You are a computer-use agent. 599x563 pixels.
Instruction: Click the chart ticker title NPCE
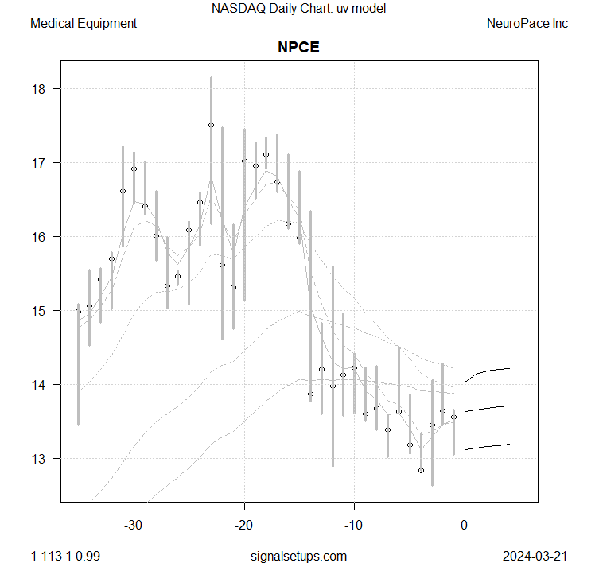point(298,47)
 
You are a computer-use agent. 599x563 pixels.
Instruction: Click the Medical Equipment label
point(84,24)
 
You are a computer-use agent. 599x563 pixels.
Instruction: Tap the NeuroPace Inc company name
point(527,24)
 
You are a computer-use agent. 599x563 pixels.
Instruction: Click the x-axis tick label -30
point(134,525)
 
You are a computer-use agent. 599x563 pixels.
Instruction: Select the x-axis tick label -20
point(244,525)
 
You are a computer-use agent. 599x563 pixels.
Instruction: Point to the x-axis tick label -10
point(354,525)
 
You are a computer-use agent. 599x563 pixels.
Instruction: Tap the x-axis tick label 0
point(465,525)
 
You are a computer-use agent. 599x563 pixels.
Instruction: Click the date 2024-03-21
point(535,553)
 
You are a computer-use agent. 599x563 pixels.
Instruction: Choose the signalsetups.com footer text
point(298,553)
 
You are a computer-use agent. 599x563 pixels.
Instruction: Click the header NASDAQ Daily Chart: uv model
point(298,10)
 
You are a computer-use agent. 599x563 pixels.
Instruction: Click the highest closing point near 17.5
point(211,125)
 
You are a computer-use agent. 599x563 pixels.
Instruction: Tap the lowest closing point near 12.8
point(421,471)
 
